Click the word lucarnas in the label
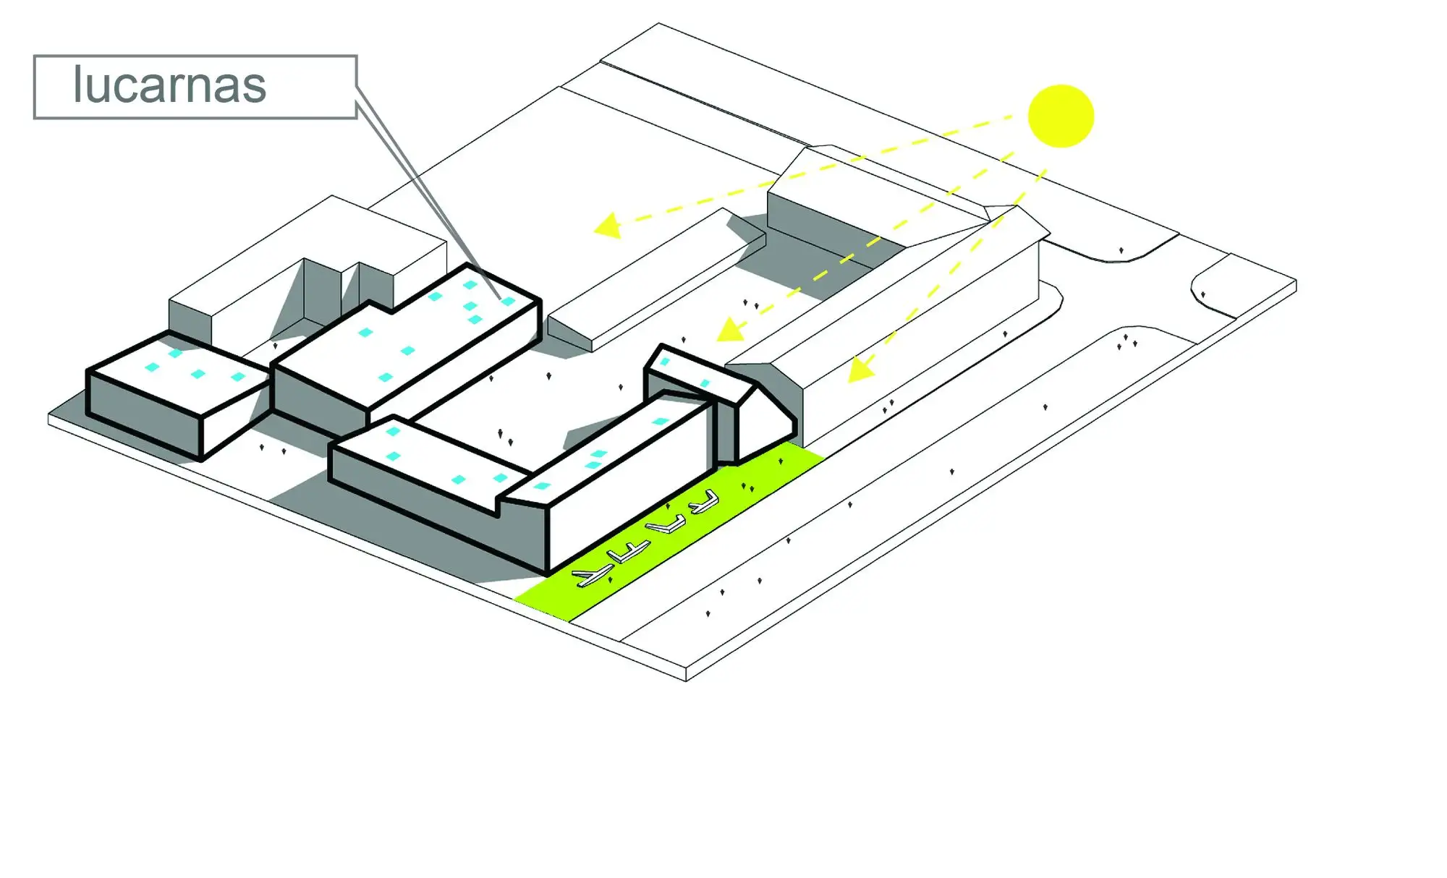(169, 85)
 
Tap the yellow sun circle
(1061, 116)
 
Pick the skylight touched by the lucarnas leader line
(508, 301)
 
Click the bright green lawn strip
(669, 532)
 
